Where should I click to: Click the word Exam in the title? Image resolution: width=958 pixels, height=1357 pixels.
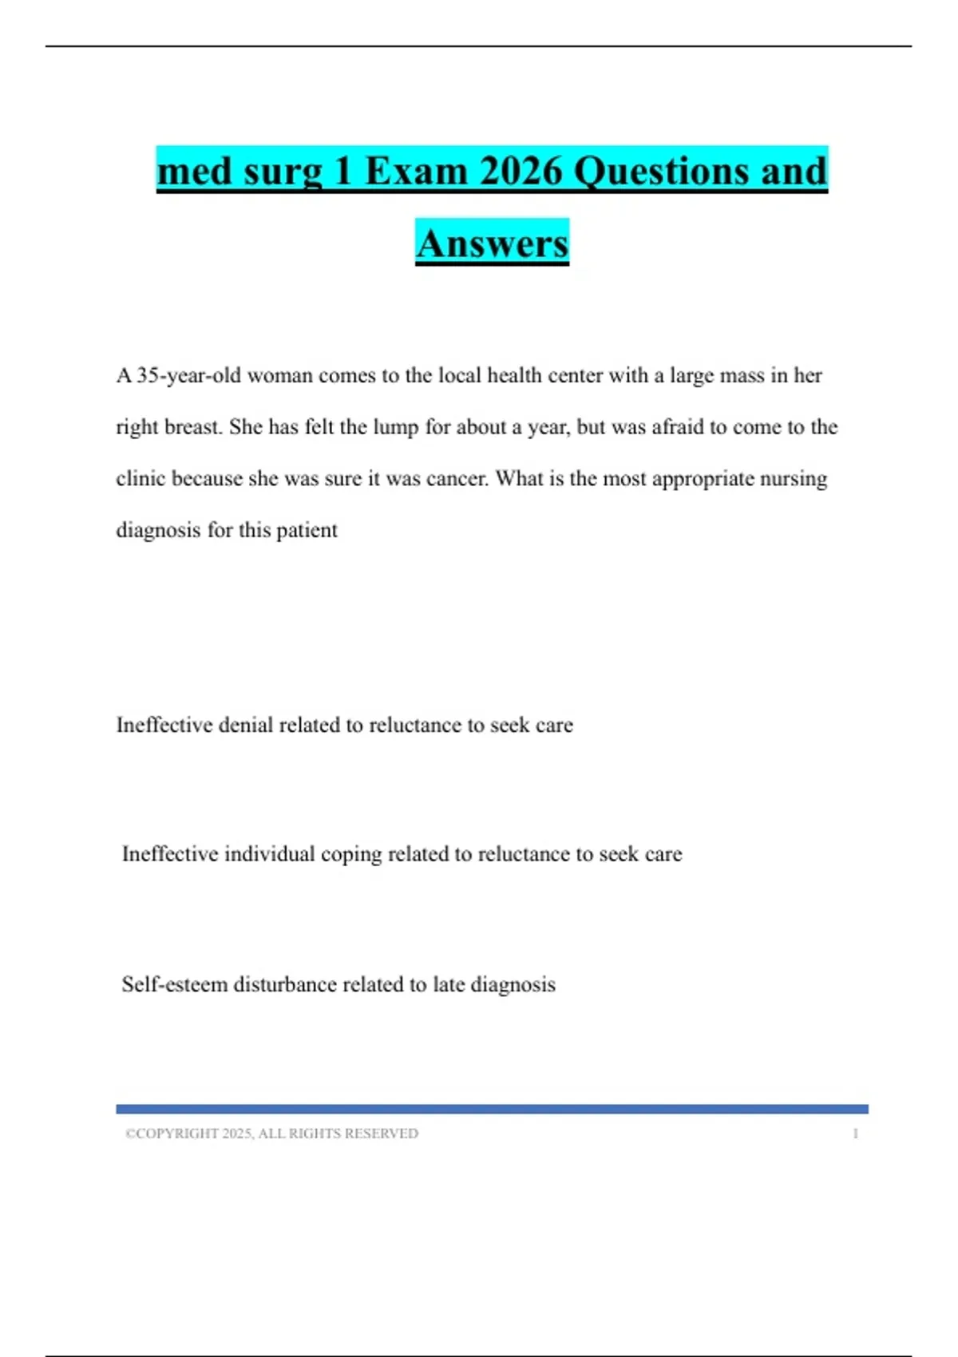(415, 171)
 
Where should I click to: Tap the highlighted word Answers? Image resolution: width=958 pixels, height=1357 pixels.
(492, 243)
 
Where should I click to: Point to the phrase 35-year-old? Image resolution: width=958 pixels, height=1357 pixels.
(188, 375)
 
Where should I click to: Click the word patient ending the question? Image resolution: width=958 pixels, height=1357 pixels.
(307, 530)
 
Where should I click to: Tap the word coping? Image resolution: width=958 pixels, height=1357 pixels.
(351, 854)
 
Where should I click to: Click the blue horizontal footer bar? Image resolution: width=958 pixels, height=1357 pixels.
(492, 1109)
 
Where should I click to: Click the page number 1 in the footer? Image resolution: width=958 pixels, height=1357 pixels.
(855, 1133)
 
